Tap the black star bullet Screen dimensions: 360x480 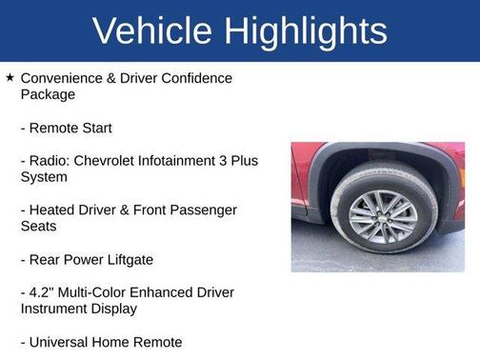tap(10, 77)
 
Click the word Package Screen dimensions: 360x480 tap(48, 95)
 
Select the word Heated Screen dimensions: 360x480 tap(56, 210)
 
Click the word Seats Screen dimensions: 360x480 tap(40, 228)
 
